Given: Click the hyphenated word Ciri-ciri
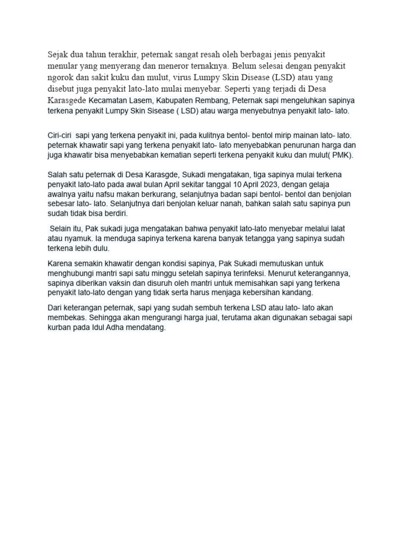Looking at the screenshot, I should coord(60,136).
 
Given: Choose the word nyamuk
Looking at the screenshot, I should coord(75,238).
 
